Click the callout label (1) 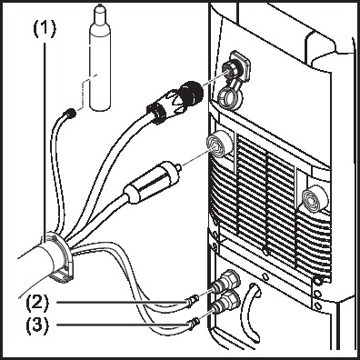point(45,29)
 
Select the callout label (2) point(37,303)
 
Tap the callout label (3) point(37,325)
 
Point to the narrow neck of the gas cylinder point(99,14)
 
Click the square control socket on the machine point(239,67)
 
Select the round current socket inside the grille point(315,197)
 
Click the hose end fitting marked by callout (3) point(193,323)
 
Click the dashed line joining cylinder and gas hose point(85,90)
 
